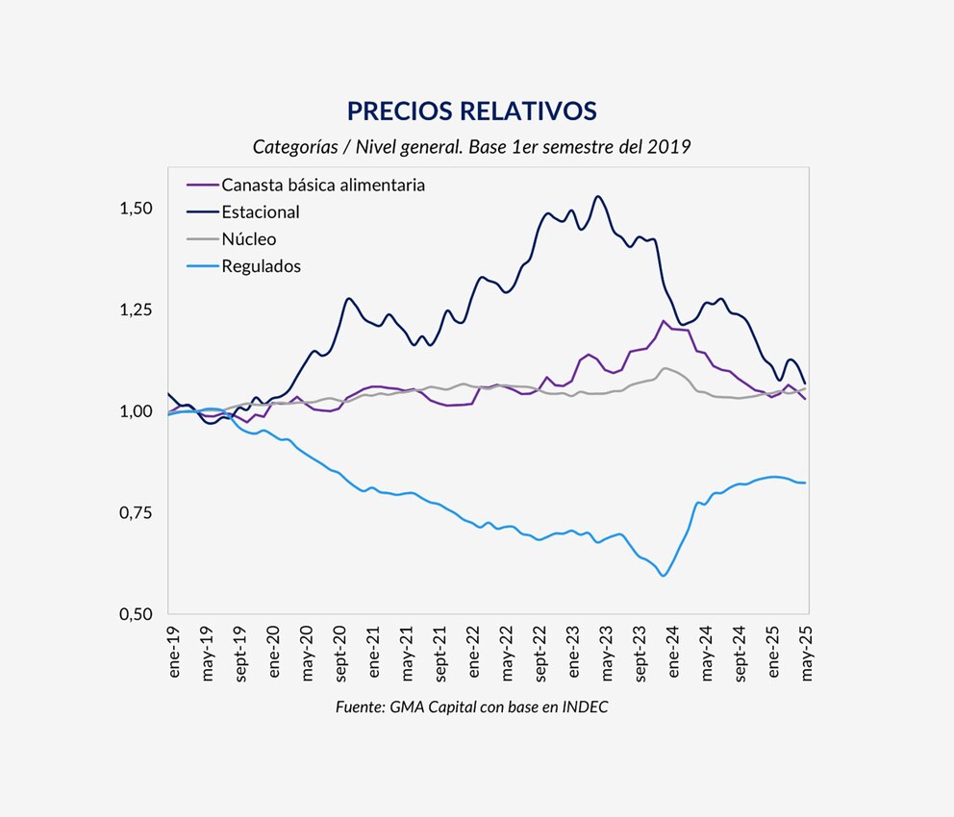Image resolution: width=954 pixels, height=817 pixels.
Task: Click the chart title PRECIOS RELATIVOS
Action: (471, 111)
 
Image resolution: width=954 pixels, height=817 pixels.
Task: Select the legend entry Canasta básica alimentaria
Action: (323, 185)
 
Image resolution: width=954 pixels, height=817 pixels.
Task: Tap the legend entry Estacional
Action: (261, 212)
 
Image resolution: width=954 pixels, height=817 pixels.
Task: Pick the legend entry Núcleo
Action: (249, 239)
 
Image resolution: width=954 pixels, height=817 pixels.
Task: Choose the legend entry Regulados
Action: (261, 266)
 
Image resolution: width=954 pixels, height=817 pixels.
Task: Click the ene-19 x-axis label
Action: (175, 652)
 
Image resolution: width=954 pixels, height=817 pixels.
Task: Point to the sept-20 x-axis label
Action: (339, 654)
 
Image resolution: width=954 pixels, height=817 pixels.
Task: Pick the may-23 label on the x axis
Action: (606, 653)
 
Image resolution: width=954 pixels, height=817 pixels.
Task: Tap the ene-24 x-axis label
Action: (673, 652)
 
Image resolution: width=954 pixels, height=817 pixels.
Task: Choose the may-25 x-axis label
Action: (806, 653)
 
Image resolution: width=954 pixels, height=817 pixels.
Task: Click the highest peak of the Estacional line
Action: (598, 197)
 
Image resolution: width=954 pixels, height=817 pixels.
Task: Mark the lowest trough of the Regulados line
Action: (664, 576)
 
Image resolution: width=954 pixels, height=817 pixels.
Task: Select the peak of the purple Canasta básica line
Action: (665, 321)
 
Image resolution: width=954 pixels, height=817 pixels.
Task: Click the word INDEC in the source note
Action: (586, 706)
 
